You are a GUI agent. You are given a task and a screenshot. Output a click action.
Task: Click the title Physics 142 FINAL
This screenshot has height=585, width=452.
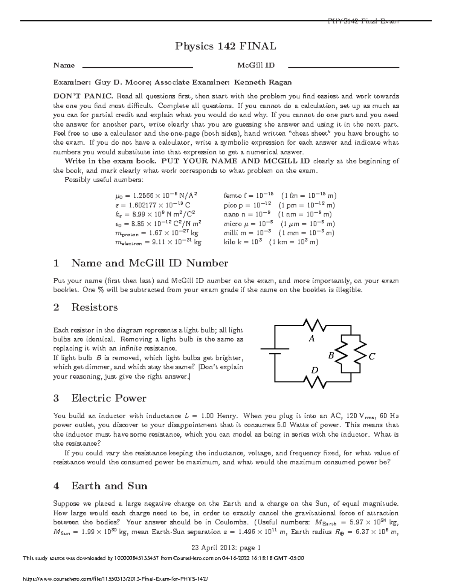pos(225,46)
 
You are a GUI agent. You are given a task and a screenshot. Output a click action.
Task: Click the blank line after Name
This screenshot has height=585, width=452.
pos(137,67)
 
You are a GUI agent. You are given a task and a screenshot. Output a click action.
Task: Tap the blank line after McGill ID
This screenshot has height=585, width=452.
pos(343,67)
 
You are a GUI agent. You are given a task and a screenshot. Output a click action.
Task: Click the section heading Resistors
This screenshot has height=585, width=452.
pos(94,307)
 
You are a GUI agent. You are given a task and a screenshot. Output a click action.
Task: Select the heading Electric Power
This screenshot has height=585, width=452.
pos(108,398)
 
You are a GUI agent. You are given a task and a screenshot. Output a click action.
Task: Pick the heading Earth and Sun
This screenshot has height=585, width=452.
pos(109,486)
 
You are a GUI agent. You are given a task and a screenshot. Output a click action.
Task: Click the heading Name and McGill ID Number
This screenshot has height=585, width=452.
pos(150,263)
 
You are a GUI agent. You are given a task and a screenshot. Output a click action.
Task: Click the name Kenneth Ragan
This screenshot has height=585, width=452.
pos(263,82)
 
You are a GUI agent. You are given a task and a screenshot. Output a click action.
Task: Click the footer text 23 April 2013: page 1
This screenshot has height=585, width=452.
pos(226,548)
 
